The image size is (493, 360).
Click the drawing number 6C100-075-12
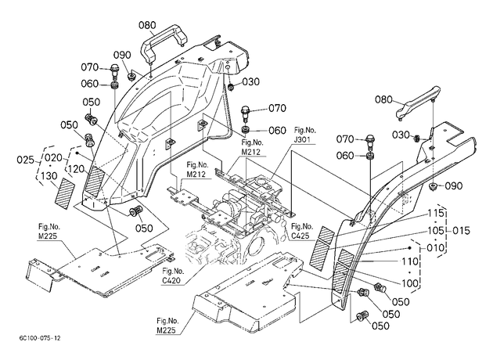click(40, 338)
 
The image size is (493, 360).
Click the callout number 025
click(25, 160)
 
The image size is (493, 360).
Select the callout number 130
click(49, 176)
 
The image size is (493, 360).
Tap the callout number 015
click(461, 231)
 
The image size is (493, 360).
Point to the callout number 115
click(437, 214)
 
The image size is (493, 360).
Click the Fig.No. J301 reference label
click(305, 135)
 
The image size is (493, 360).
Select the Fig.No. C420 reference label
click(173, 275)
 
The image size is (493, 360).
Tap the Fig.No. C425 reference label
click(302, 231)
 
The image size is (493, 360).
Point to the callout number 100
click(410, 283)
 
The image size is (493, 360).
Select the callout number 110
click(410, 261)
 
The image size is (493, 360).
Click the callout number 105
click(437, 231)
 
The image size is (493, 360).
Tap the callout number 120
click(76, 169)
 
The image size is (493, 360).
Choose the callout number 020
click(53, 157)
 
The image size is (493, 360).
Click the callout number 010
click(436, 248)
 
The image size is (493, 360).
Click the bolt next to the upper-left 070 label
click(114, 72)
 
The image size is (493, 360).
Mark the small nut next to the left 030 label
click(232, 85)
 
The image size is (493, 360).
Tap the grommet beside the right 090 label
click(434, 186)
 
